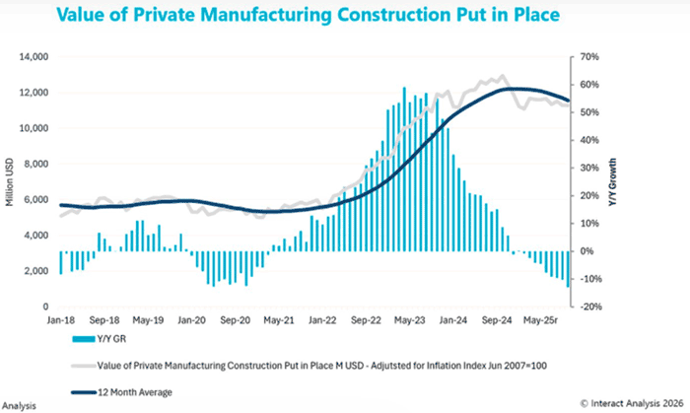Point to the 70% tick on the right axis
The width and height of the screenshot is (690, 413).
click(588, 57)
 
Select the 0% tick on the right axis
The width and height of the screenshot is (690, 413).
click(586, 251)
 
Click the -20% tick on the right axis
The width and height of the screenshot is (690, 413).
click(589, 307)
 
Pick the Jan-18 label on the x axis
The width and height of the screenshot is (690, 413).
click(59, 320)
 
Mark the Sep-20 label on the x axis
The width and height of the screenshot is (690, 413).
click(234, 320)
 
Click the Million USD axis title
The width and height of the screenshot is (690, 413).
click(9, 183)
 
